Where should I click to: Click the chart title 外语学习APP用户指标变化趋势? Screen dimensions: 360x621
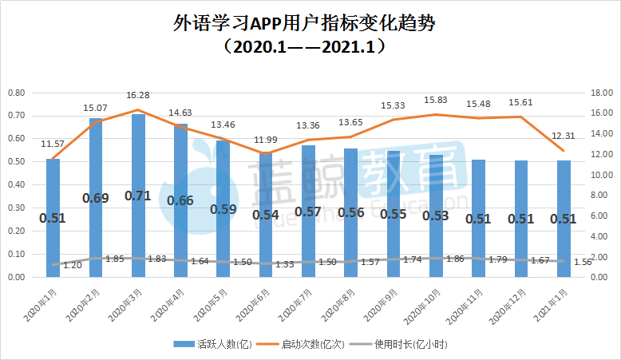point(310,22)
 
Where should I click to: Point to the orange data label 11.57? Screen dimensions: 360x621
point(53,144)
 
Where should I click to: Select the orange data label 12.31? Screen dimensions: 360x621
point(564,136)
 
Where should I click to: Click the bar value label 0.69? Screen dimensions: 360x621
point(96,197)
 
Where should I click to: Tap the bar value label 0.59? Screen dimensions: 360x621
point(223,209)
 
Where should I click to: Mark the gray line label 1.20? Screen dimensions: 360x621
point(73,265)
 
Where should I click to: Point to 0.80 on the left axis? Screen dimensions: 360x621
point(16,93)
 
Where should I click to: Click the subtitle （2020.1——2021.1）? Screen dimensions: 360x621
point(310,47)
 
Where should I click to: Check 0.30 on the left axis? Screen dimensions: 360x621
point(16,208)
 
